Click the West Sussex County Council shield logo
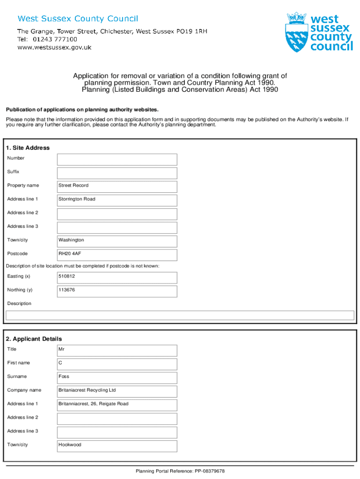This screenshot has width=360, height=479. coord(295,33)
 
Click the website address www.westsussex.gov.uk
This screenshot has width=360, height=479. coord(54,47)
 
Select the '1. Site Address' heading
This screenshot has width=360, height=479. coord(28,148)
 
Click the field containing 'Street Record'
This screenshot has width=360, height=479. coord(117,186)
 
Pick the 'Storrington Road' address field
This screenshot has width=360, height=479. coord(117,199)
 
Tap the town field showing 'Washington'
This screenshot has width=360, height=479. coord(117,240)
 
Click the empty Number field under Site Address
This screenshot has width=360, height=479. coord(117,159)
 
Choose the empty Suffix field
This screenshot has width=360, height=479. coord(117,172)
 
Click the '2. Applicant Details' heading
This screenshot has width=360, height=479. coord(34,339)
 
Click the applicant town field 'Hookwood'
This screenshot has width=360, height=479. coord(117,445)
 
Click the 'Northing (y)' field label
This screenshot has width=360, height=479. coord(20,290)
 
